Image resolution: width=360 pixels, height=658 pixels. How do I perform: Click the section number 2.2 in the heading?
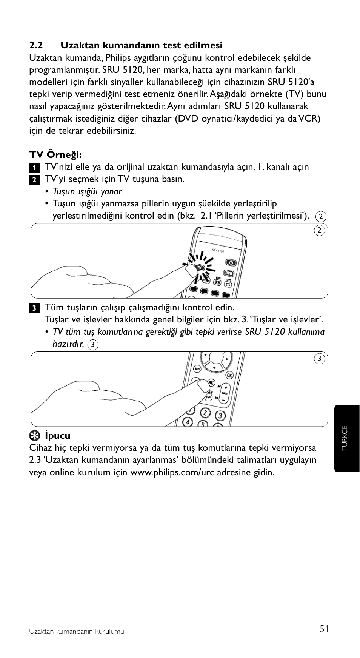click(36, 46)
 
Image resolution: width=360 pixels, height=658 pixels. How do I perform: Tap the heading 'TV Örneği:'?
click(55, 155)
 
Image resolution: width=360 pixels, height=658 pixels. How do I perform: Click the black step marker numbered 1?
click(34, 167)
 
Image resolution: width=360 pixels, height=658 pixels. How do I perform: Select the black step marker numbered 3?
click(34, 308)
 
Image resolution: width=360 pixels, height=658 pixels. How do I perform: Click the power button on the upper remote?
click(231, 262)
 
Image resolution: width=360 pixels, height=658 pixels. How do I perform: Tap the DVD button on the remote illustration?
click(229, 273)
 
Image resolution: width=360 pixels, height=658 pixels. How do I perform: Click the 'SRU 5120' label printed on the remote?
click(218, 251)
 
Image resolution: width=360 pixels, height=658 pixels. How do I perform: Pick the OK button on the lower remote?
click(229, 375)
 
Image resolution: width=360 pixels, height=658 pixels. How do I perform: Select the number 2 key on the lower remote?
click(205, 413)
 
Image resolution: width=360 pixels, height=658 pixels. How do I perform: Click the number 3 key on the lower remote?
click(220, 416)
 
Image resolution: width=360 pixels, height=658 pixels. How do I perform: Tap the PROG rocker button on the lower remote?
click(225, 393)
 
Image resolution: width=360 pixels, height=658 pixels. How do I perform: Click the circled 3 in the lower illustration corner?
click(319, 359)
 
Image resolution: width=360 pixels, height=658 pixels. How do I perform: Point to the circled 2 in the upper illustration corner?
click(319, 230)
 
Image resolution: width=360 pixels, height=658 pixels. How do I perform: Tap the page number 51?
click(324, 629)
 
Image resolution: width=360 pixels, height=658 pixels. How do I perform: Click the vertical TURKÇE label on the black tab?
click(345, 438)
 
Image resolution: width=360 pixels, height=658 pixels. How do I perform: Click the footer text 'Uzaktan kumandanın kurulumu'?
click(77, 632)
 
